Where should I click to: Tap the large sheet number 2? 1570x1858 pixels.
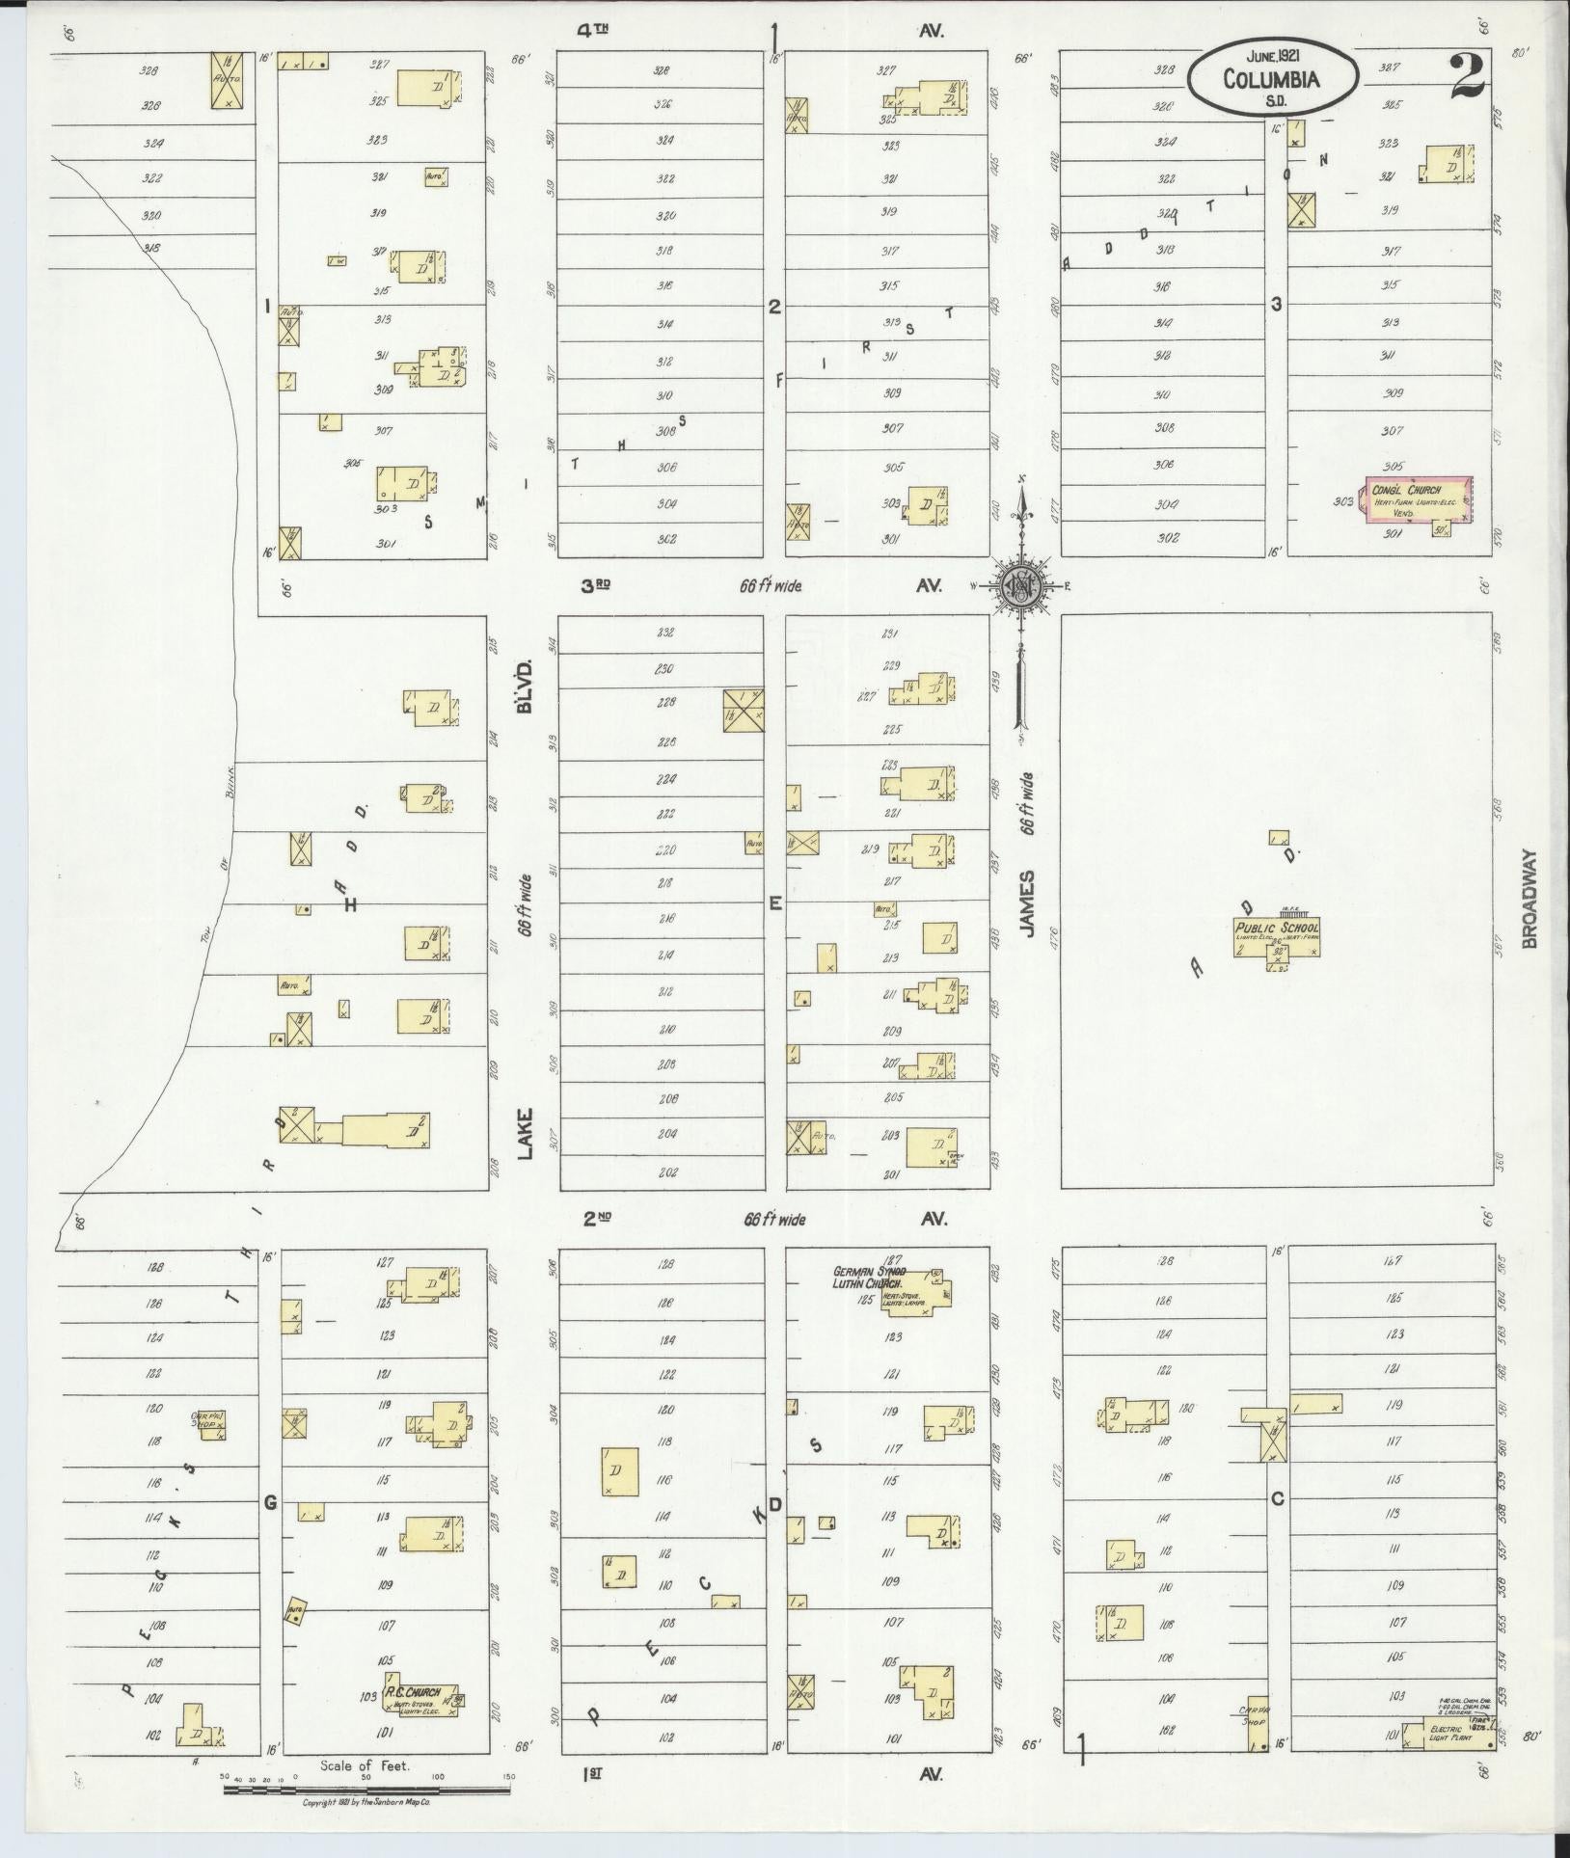click(1467, 78)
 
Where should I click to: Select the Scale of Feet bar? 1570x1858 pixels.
click(366, 1790)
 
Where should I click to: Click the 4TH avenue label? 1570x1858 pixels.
click(593, 31)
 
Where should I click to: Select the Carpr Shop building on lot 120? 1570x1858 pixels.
click(210, 1424)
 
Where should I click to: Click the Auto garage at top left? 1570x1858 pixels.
click(227, 80)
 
